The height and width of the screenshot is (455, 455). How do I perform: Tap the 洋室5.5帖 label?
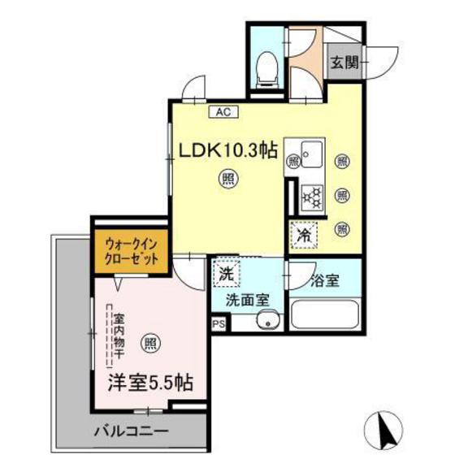[152, 379]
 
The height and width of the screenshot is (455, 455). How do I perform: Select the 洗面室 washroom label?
[247, 300]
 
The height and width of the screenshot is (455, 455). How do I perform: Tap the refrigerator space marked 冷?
[301, 236]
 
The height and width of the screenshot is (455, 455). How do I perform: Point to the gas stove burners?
[311, 196]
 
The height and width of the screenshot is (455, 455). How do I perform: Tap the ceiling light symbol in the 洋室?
[152, 342]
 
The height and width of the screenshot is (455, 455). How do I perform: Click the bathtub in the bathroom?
[323, 315]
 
